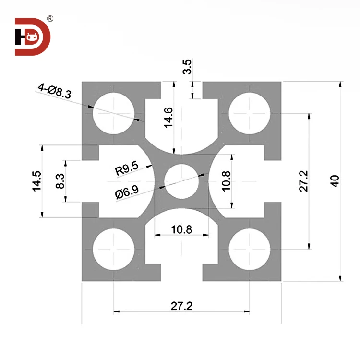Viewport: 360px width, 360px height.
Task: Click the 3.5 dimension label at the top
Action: click(188, 66)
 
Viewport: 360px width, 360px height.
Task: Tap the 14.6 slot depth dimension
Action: click(168, 118)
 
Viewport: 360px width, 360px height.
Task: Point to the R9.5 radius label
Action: click(127, 168)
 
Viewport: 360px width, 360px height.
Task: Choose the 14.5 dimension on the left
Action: click(36, 181)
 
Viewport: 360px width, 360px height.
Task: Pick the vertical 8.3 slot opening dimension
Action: click(60, 181)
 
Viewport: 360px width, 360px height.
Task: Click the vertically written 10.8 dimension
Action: click(226, 181)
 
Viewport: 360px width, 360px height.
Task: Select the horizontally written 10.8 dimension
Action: click(181, 229)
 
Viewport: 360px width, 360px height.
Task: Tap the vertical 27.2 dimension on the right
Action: click(303, 181)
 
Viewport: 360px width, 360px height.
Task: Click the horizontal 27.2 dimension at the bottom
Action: click(181, 306)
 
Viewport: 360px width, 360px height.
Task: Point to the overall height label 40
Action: click(335, 181)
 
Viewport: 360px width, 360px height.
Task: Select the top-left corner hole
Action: click(114, 113)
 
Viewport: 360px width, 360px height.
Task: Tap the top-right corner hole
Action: click(249, 113)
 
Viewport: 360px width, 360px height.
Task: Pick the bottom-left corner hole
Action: click(114, 250)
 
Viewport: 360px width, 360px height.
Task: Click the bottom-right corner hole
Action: click(249, 250)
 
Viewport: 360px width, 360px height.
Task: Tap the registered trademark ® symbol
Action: click(50, 19)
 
